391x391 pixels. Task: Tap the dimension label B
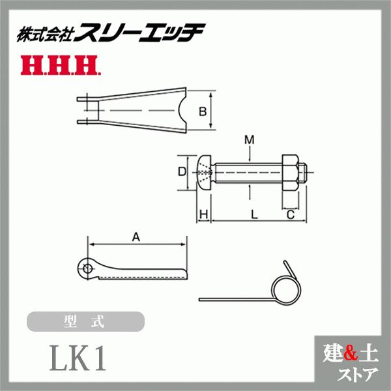point(203,111)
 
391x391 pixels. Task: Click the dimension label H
point(203,214)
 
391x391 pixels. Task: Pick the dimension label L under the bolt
point(253,214)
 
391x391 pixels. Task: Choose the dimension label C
point(291,214)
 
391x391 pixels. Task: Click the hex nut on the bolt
point(292,172)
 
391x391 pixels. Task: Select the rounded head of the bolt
point(204,172)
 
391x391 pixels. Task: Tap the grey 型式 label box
point(85,322)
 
